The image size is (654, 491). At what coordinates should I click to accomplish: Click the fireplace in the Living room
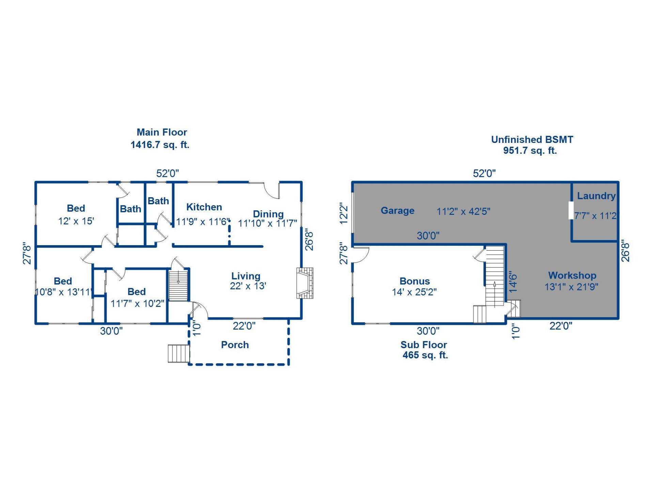(305, 283)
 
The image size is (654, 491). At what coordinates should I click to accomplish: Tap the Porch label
(235, 345)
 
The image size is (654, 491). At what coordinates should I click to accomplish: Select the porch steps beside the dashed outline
(178, 354)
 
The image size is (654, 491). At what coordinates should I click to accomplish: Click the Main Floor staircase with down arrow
(178, 285)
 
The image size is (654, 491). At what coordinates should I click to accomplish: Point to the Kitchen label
(204, 207)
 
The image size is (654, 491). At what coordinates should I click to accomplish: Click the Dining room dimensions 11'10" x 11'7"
(267, 223)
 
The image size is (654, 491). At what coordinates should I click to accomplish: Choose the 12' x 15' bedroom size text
(76, 221)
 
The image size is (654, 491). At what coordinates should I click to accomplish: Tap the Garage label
(398, 210)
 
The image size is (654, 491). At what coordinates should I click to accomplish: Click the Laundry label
(596, 196)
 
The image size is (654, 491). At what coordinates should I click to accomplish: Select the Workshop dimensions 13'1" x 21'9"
(571, 287)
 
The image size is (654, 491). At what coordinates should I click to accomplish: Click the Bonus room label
(415, 281)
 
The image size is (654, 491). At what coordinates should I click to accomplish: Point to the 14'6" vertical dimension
(513, 282)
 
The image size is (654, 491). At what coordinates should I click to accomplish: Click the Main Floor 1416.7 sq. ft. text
(160, 145)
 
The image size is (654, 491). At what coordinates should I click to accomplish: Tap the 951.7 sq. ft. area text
(530, 150)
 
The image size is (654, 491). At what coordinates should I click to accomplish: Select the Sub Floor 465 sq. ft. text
(424, 350)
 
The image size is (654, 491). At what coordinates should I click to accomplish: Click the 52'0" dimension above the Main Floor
(167, 173)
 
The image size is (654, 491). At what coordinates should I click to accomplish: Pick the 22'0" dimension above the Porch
(244, 326)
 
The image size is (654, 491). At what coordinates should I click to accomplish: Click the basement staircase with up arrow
(495, 276)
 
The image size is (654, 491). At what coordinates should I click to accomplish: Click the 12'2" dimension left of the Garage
(344, 214)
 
